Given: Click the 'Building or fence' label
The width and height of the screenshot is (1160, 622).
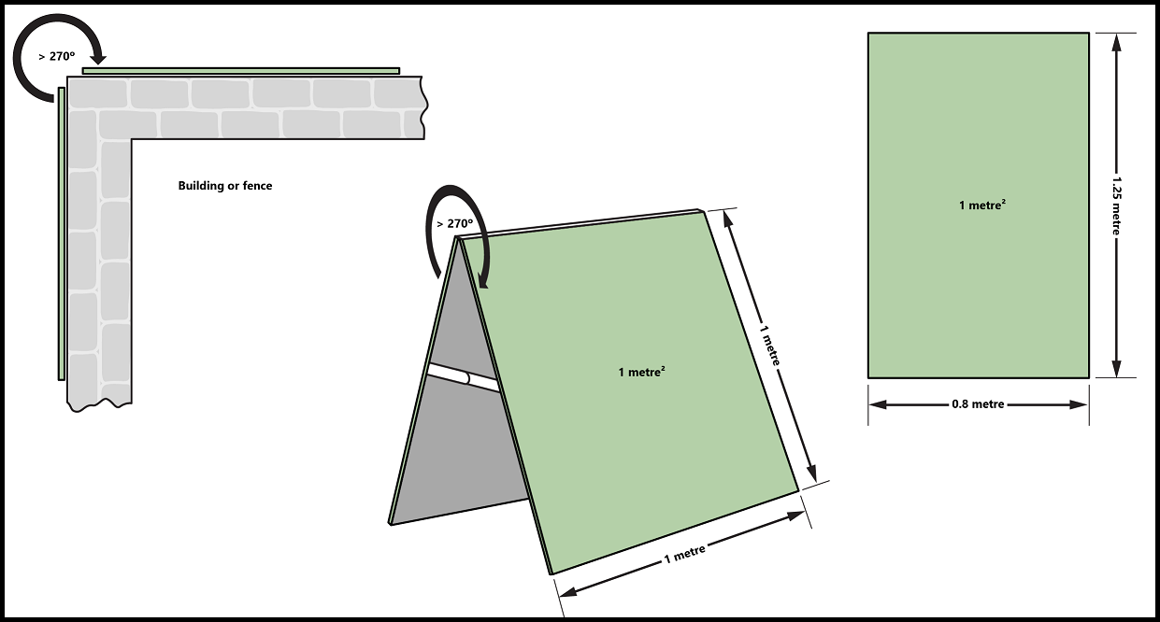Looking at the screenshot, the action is tap(224, 186).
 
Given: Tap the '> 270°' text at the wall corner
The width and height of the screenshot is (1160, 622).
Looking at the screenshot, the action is tap(56, 56).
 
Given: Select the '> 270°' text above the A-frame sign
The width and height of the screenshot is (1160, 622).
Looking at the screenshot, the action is tap(454, 223).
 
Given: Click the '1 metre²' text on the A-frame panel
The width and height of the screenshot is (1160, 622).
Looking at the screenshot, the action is tap(641, 372).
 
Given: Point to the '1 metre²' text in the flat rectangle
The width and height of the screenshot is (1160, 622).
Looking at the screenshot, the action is tap(982, 205).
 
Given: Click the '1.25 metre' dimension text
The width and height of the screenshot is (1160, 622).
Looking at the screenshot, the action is tap(1116, 205).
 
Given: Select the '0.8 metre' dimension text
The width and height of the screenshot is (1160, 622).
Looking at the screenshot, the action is tap(978, 404).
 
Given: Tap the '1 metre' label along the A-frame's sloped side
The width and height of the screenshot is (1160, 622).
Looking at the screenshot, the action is tap(770, 345).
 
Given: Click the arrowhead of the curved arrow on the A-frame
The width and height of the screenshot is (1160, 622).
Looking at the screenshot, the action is tap(483, 280).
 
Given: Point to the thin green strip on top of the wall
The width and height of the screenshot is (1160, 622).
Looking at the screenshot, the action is tap(241, 71).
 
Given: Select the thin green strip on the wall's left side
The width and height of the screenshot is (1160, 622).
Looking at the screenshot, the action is tap(62, 233).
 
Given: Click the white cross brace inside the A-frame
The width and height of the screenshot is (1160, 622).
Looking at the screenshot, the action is tap(464, 377).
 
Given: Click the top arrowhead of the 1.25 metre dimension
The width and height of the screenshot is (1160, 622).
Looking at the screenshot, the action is tap(1116, 42).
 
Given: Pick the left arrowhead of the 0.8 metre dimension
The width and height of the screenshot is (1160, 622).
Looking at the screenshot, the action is tap(878, 404).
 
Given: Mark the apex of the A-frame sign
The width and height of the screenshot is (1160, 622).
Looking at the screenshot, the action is tap(458, 237).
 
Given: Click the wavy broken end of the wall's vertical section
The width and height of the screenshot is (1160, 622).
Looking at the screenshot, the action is tap(99, 405).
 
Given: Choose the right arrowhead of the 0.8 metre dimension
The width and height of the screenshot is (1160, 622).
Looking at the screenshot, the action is tap(1079, 404).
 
